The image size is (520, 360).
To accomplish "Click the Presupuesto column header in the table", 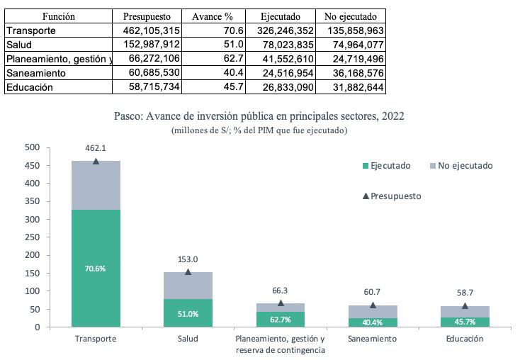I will coord(146,16).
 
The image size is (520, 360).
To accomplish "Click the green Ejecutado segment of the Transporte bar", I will coord(96,268).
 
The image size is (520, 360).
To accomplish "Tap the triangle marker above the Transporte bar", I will coord(96,162).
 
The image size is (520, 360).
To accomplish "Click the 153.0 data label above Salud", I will coord(188,259).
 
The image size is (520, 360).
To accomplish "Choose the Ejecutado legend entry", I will coord(385,166).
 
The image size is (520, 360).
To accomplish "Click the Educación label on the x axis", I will coord(465,339).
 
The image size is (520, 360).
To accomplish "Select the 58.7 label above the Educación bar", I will coord(465,293).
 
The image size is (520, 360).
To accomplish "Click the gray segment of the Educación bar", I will coord(465,312).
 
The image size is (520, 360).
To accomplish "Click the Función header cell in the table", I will coord(58,16).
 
